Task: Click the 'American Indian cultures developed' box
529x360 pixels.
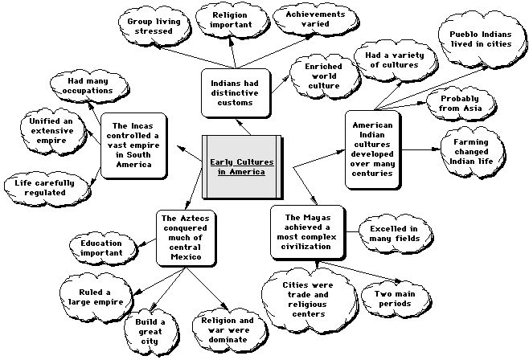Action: (x=373, y=149)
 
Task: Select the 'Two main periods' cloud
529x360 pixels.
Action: (x=393, y=297)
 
